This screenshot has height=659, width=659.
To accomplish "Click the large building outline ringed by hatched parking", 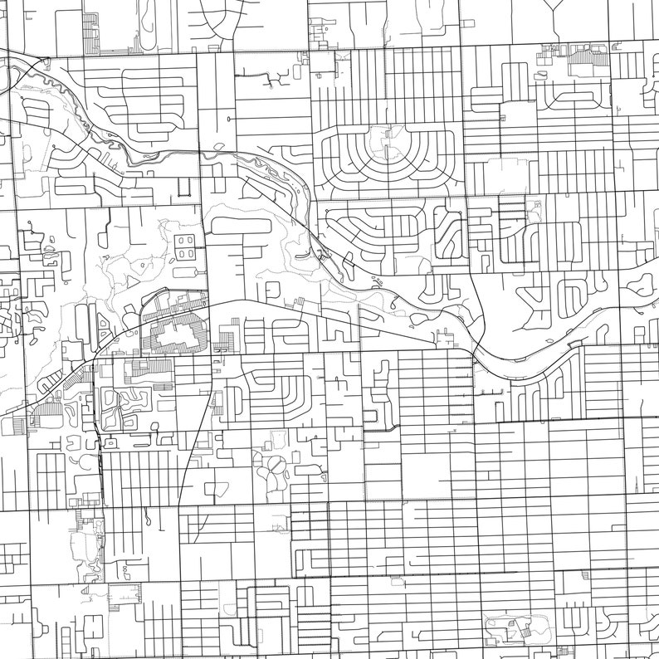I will (x=176, y=335).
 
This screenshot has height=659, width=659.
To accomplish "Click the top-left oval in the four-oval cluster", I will (x=179, y=241).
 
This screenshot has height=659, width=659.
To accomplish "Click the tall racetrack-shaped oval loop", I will (x=151, y=30).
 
